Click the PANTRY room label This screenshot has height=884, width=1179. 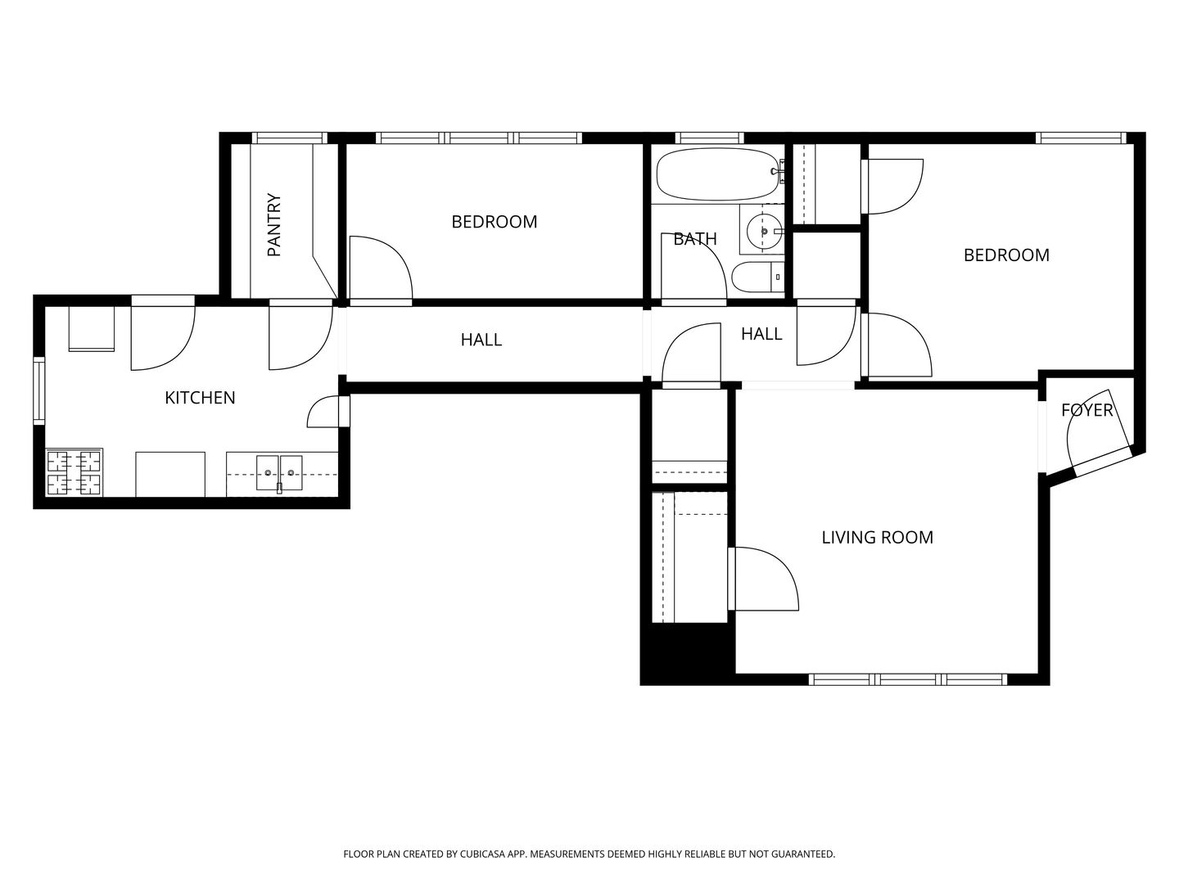[274, 225]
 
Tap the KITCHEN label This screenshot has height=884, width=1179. [200, 398]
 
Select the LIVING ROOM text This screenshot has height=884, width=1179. [877, 537]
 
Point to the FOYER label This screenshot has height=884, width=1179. [1086, 410]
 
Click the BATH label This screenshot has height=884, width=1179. [694, 239]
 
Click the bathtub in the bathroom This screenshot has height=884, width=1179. [717, 174]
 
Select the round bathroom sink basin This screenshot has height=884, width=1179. [764, 232]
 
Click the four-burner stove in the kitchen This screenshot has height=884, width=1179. [75, 472]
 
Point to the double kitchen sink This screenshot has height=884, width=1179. [278, 473]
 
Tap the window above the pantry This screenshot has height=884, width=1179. [289, 138]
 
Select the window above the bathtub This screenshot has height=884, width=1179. [709, 138]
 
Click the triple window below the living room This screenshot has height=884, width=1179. [908, 679]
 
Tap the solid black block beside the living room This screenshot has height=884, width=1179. [688, 654]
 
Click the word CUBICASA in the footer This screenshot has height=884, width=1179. [483, 854]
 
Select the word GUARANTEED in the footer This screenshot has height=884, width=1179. [804, 854]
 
